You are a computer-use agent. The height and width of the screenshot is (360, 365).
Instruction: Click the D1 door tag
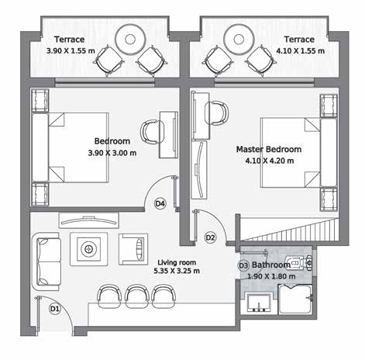coord(55,309)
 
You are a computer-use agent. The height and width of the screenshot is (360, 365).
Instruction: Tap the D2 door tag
coord(210,237)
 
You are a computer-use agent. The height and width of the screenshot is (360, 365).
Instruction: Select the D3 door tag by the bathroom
coord(243,265)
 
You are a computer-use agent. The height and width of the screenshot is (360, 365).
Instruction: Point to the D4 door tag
coord(160,203)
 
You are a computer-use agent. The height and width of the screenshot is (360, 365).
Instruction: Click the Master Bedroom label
coord(269,149)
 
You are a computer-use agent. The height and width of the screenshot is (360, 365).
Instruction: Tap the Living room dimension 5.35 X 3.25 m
coord(177,271)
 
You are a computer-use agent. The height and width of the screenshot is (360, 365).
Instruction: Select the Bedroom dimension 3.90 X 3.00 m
coord(112,153)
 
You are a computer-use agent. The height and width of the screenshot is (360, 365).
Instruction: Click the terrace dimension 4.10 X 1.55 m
coord(301,50)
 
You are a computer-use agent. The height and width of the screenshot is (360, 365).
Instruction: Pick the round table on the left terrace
coord(130,40)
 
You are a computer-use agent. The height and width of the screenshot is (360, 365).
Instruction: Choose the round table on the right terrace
coord(239,40)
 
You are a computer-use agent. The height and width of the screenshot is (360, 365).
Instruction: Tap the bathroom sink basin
coord(259,303)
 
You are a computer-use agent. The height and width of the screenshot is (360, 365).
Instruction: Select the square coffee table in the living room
coord(89,249)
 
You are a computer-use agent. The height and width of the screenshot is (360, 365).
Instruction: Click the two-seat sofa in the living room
coord(46,261)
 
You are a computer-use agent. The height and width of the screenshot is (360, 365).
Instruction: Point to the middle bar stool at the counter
coord(137,296)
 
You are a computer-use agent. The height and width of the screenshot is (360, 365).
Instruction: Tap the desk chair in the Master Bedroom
coord(216,113)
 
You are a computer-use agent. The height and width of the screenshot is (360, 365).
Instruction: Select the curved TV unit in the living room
coord(89,220)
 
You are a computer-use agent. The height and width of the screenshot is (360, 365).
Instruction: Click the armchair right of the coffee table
coord(133,249)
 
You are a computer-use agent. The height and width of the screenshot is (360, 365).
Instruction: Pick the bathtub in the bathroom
coord(295,299)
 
